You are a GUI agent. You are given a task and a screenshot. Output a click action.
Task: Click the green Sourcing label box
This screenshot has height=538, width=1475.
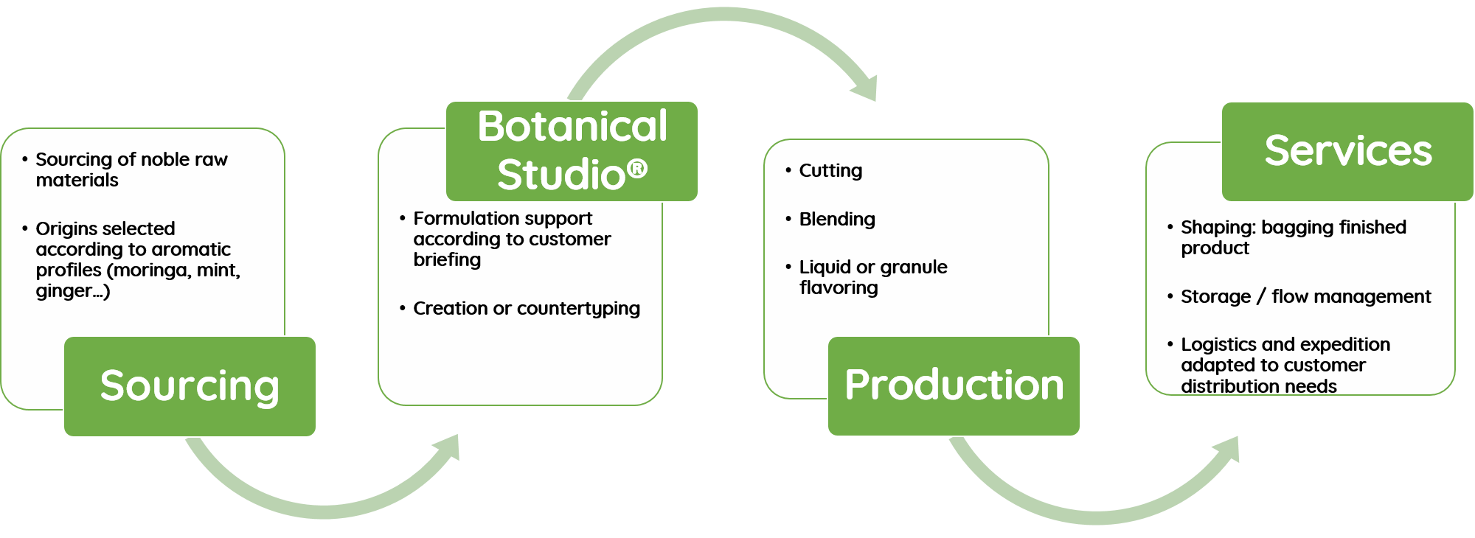pyautogui.click(x=190, y=386)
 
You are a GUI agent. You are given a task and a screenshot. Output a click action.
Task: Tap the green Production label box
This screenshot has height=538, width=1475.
pyautogui.click(x=954, y=385)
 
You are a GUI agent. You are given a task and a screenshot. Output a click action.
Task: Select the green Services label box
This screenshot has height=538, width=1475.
pyautogui.click(x=1347, y=151)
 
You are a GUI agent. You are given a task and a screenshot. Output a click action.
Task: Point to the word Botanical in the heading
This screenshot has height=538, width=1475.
pyautogui.click(x=572, y=126)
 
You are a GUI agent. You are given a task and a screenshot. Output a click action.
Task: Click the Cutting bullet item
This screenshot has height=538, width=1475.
pyautogui.click(x=830, y=171)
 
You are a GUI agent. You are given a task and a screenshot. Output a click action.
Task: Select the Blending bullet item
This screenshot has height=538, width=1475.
pyautogui.click(x=837, y=220)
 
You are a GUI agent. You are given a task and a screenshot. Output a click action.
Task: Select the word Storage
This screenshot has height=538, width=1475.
pyautogui.click(x=1215, y=297)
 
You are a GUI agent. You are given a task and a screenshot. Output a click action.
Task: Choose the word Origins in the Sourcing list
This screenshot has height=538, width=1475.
pyautogui.click(x=69, y=229)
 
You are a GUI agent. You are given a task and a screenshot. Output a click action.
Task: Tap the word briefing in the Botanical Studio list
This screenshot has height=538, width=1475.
pyautogui.click(x=447, y=260)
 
